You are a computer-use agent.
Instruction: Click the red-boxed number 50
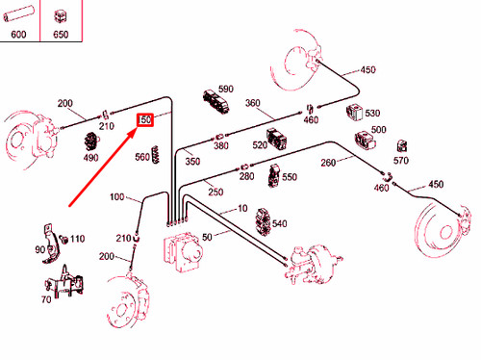tap(146, 120)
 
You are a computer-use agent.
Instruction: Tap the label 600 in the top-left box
tap(19, 35)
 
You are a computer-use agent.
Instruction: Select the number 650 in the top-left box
tap(61, 35)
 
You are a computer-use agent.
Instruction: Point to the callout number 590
tap(225, 88)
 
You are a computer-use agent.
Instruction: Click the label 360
tap(253, 103)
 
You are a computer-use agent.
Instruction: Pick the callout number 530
tap(372, 113)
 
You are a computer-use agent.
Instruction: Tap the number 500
tap(378, 129)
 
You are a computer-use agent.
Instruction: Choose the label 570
tap(401, 160)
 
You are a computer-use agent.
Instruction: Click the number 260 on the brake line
tap(328, 162)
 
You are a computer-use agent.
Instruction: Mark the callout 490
tap(90, 158)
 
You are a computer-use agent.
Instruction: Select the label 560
tap(142, 157)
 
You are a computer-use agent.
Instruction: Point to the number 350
tap(192, 162)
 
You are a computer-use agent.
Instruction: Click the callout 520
tap(260, 145)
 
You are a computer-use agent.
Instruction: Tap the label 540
tap(279, 223)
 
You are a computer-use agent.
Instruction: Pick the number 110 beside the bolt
tap(77, 238)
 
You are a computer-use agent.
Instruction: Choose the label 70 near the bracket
tap(45, 300)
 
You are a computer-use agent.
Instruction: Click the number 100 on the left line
tap(117, 197)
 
